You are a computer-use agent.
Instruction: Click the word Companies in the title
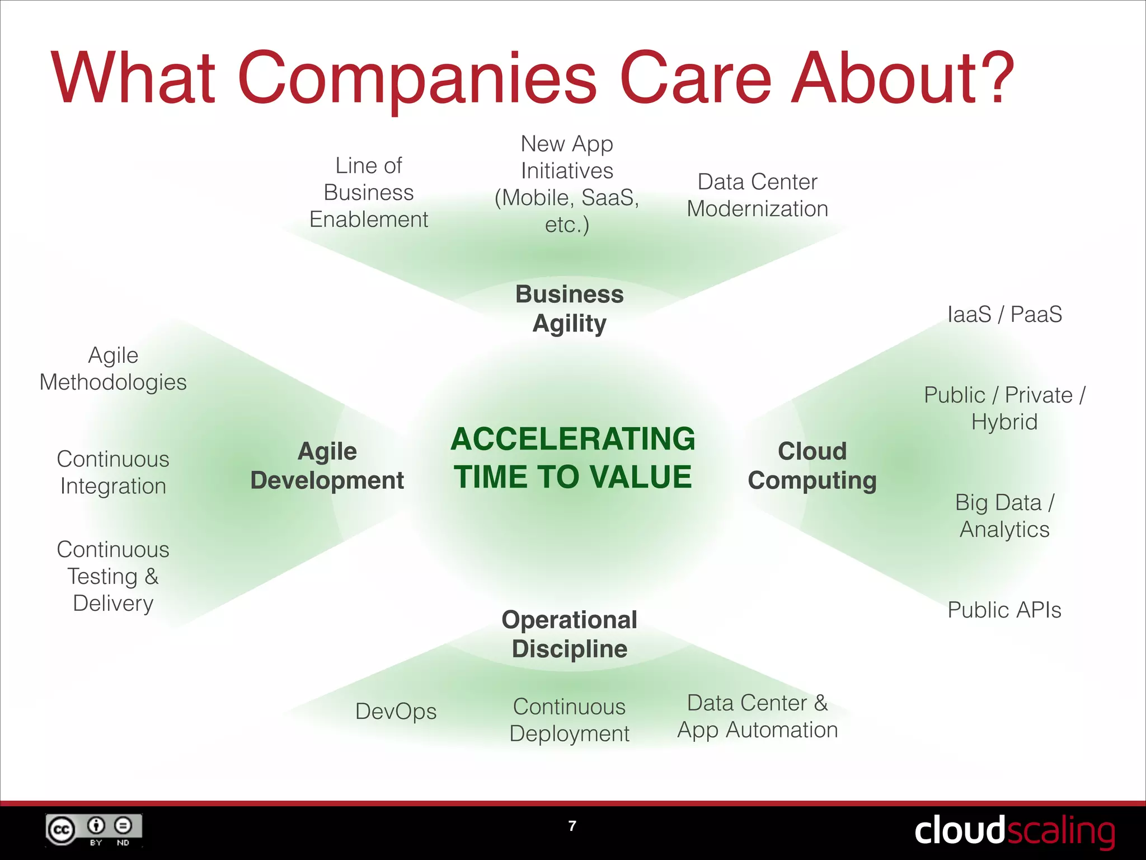point(417,78)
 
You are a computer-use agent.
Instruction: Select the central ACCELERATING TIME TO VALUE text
point(572,457)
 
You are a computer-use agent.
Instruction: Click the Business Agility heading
point(570,309)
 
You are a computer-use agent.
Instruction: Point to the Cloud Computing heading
point(812,465)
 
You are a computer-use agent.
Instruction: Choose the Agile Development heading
point(327,465)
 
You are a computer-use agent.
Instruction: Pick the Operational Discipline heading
point(570,634)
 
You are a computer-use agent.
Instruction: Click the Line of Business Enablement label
point(369,193)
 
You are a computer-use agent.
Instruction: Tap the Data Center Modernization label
point(757,195)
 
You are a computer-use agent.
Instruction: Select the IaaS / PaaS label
point(1004,314)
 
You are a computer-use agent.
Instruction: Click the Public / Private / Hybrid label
point(1004,408)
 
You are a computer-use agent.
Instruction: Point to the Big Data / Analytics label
point(1004,516)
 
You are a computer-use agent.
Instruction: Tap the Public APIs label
point(1004,610)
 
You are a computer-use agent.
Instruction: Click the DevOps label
point(396,712)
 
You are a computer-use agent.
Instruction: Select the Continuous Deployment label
point(570,720)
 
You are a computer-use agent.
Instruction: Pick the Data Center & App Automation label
point(757,716)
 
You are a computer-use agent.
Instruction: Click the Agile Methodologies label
point(113,368)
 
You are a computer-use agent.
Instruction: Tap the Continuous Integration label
point(113,473)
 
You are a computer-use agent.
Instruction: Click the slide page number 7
point(572,826)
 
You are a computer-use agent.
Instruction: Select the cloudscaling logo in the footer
point(1014,831)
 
